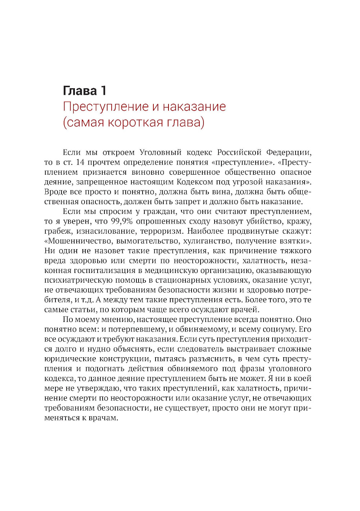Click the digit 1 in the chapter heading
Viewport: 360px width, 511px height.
tap(103, 91)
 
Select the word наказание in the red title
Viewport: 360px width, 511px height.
tap(194, 107)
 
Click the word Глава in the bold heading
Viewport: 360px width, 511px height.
tap(80, 91)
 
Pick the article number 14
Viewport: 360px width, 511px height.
tap(80, 162)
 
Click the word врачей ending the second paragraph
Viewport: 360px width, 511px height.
tap(246, 310)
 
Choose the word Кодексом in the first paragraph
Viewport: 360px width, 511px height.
tap(195, 182)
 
